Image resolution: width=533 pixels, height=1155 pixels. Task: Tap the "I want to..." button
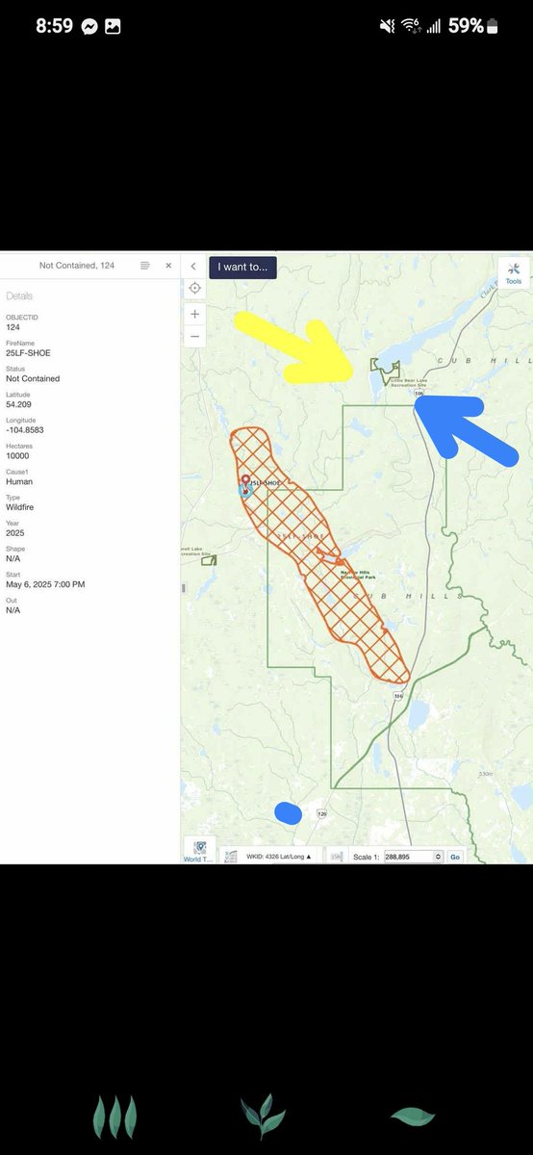coord(242,268)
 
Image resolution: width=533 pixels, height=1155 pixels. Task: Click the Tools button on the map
coord(513,272)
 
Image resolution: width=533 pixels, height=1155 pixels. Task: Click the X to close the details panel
coord(168,266)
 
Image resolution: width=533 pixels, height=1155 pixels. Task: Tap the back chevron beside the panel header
coord(193,267)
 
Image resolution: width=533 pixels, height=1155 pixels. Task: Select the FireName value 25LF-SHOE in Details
coord(28,353)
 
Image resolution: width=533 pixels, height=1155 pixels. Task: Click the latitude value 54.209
coord(19,404)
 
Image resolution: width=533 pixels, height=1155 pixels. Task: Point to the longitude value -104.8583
coord(28,430)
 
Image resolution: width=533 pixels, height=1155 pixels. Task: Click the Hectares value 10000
coord(17,456)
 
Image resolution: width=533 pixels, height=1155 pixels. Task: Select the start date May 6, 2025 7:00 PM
coord(45,584)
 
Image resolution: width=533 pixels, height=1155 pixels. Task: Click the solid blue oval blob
coord(288,813)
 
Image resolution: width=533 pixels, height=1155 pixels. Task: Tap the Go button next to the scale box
coord(455,857)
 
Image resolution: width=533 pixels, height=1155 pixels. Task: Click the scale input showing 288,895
coord(409,857)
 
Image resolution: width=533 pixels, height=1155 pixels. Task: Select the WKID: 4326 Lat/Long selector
coord(278,856)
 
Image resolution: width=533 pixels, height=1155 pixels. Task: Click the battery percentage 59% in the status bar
coord(466,26)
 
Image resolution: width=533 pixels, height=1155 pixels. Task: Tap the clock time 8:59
coord(55,26)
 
